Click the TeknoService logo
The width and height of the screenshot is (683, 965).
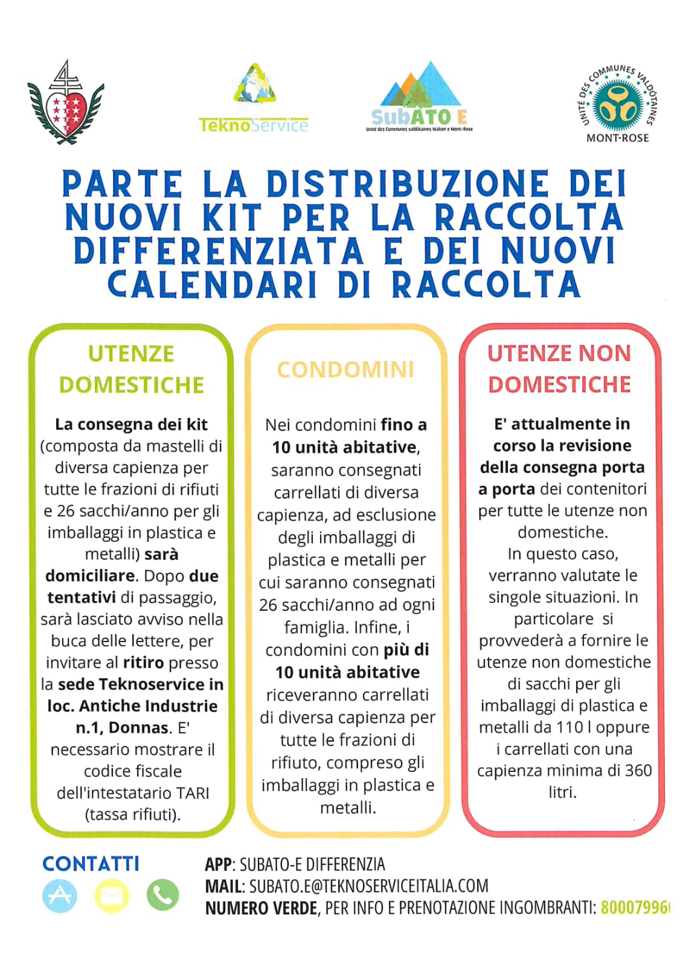pyautogui.click(x=254, y=99)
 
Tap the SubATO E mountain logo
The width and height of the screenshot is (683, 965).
pyautogui.click(x=420, y=97)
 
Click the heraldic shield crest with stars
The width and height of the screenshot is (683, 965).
pyautogui.click(x=66, y=103)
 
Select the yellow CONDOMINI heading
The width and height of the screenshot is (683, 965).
pyautogui.click(x=346, y=369)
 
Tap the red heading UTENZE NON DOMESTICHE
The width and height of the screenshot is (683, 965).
pyautogui.click(x=559, y=369)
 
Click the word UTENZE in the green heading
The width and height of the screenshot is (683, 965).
pyautogui.click(x=131, y=354)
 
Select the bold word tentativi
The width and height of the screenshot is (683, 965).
pyautogui.click(x=82, y=597)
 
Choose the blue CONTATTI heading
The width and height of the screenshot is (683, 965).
pyautogui.click(x=91, y=864)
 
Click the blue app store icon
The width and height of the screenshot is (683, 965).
pyautogui.click(x=60, y=895)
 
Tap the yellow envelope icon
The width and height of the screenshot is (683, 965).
pyautogui.click(x=111, y=895)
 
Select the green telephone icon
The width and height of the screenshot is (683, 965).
pyautogui.click(x=162, y=895)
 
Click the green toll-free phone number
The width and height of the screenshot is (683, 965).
pyautogui.click(x=635, y=908)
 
